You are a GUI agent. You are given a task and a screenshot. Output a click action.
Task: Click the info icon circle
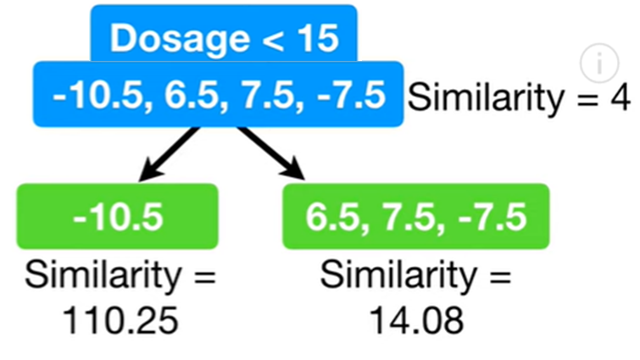point(599,62)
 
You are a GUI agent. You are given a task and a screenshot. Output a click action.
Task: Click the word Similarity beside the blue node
point(484,98)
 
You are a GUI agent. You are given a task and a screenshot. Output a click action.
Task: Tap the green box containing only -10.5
point(118,217)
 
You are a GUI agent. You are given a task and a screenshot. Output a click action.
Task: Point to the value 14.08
point(415,320)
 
